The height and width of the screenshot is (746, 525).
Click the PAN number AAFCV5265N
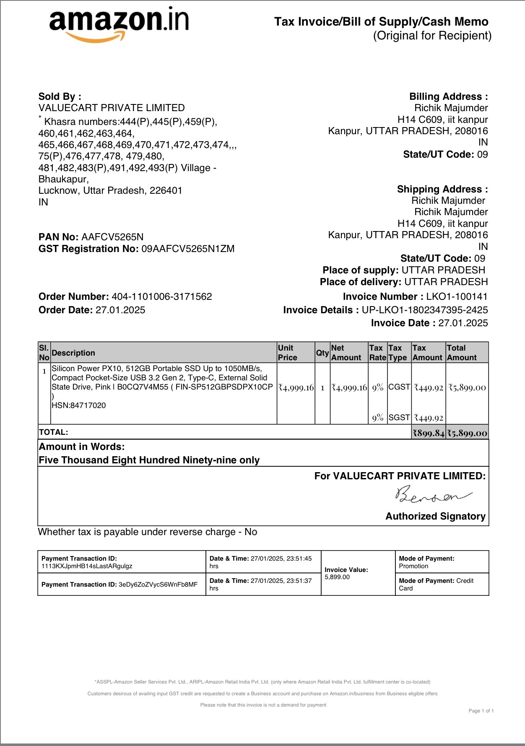coord(112,237)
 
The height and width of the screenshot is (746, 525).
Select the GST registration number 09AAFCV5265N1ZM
coord(188,249)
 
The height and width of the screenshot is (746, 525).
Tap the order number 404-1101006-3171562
coord(162,297)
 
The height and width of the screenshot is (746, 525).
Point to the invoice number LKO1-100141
coord(457,297)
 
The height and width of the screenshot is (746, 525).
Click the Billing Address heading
coord(448,97)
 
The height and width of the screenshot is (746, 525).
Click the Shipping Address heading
coord(442,190)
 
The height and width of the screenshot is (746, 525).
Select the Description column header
coord(73,353)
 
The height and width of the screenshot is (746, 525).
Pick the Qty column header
coord(322,353)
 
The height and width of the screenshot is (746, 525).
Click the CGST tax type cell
coord(399,387)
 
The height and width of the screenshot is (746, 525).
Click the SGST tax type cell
coord(399,418)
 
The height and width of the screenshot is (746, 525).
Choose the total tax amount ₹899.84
coord(428,433)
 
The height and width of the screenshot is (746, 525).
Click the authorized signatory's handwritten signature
coord(432,495)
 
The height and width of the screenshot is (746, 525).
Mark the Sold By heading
coord(60,97)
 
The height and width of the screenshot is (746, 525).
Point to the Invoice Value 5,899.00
coord(337,577)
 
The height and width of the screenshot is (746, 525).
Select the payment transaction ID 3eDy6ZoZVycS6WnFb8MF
coord(158,585)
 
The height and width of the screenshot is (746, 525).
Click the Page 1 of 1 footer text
coord(481,711)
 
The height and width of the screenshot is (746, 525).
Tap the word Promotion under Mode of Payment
coord(413,566)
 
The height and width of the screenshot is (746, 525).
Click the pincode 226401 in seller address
coord(166,191)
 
